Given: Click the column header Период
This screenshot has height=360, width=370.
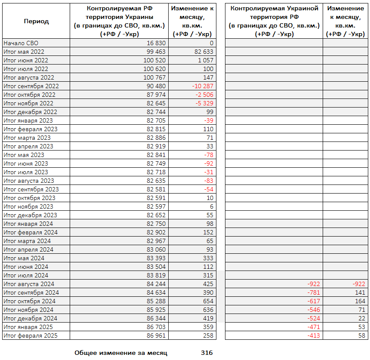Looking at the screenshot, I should tap(36, 22).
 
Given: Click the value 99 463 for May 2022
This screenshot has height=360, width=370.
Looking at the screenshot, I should tap(156, 52).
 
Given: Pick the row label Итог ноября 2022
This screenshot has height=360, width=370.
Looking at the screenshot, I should tap(28, 103).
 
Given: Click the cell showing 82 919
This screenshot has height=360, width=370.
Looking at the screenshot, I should tap(156, 146).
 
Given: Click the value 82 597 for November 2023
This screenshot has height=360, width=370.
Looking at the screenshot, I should tap(156, 206).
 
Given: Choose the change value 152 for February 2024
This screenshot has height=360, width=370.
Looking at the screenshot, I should tap(207, 232).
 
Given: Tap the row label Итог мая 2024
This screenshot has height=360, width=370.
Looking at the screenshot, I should tap(24, 258).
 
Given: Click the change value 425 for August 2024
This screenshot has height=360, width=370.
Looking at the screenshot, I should tap(207, 284).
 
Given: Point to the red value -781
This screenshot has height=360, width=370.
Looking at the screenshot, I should tap(314, 292).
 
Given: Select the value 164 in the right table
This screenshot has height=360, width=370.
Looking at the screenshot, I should tap(360, 301).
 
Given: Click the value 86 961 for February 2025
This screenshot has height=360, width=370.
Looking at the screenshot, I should tap(156, 335).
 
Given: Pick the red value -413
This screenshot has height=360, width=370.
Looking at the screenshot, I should tap(314, 335).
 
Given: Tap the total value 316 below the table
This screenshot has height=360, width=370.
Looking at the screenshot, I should tap(207, 353).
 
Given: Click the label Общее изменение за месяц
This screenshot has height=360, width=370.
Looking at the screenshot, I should tap(121, 353).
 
